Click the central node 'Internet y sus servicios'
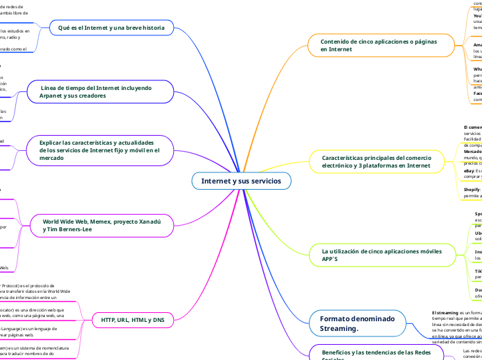pyautogui.click(x=242, y=181)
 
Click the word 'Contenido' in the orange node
pyautogui.click(x=336, y=42)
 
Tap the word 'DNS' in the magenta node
pyautogui.click(x=159, y=320)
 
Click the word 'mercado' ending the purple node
pyautogui.click(x=51, y=158)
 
